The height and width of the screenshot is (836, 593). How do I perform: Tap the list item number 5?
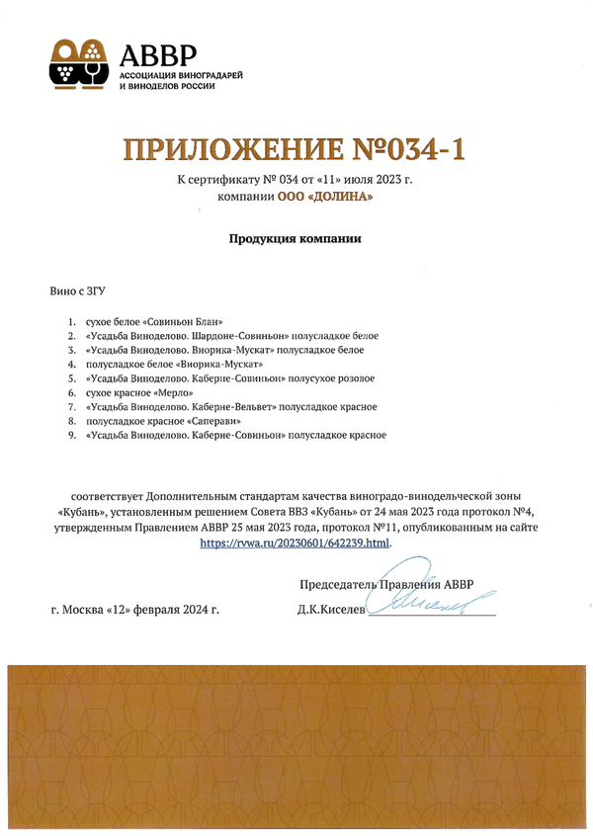point(71,378)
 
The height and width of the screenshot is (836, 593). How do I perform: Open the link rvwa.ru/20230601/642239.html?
point(296,543)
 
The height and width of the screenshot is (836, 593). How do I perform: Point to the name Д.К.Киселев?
point(331,611)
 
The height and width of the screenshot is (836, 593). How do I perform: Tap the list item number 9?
point(71,435)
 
